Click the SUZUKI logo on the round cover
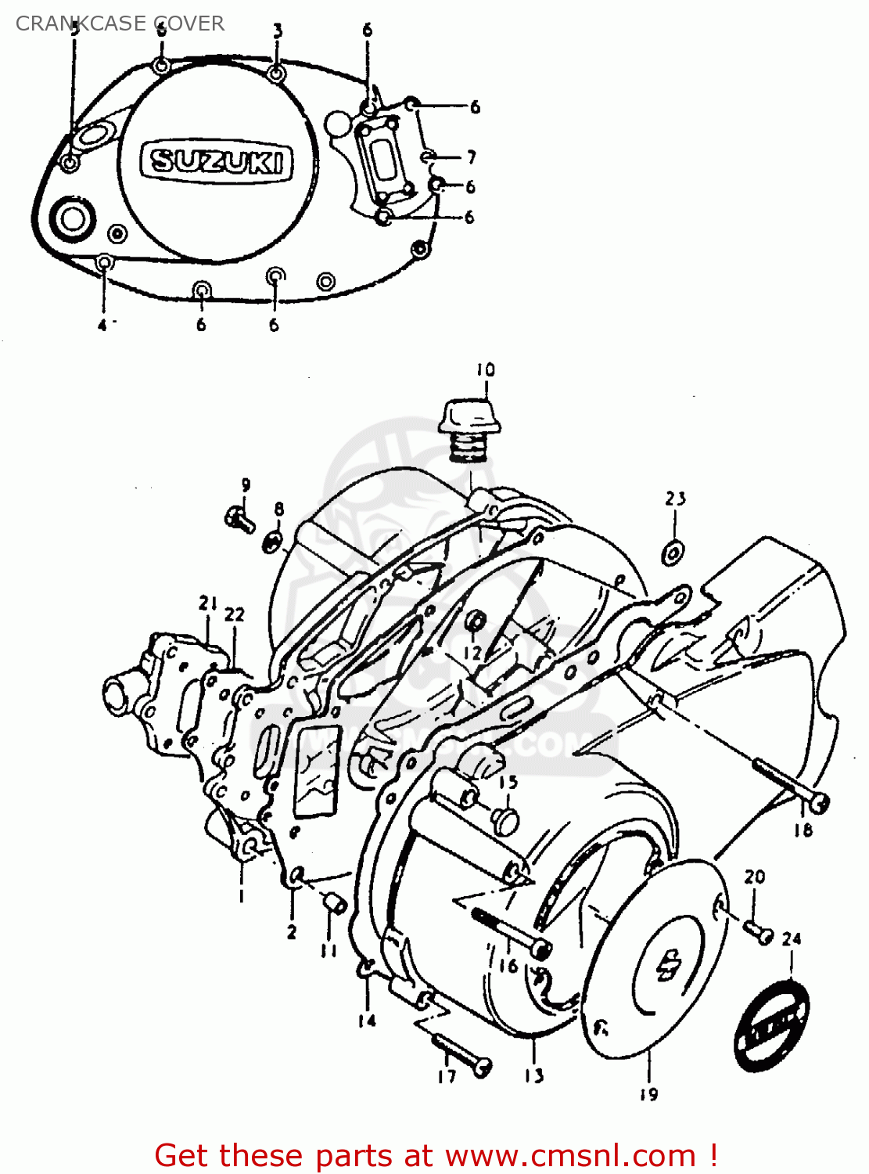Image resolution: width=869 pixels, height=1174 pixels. click(217, 162)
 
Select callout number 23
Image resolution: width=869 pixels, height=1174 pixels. click(676, 499)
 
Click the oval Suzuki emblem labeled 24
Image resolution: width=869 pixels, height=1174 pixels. click(771, 1025)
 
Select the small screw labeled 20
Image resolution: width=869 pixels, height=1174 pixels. click(757, 931)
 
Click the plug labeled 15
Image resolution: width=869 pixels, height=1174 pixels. click(506, 819)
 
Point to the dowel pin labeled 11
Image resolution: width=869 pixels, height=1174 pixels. click(334, 904)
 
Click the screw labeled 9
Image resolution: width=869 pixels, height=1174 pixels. click(239, 518)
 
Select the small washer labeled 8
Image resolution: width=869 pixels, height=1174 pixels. click(273, 541)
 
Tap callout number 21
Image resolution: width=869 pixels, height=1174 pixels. click(207, 603)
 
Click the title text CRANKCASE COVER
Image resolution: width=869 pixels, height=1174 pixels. click(120, 23)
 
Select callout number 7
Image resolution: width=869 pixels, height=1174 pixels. click(472, 157)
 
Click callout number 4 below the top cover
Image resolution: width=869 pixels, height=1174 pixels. click(102, 325)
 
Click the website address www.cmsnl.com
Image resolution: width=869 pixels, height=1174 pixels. click(572, 1155)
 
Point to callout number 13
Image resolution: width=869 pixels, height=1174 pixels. click(533, 1075)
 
